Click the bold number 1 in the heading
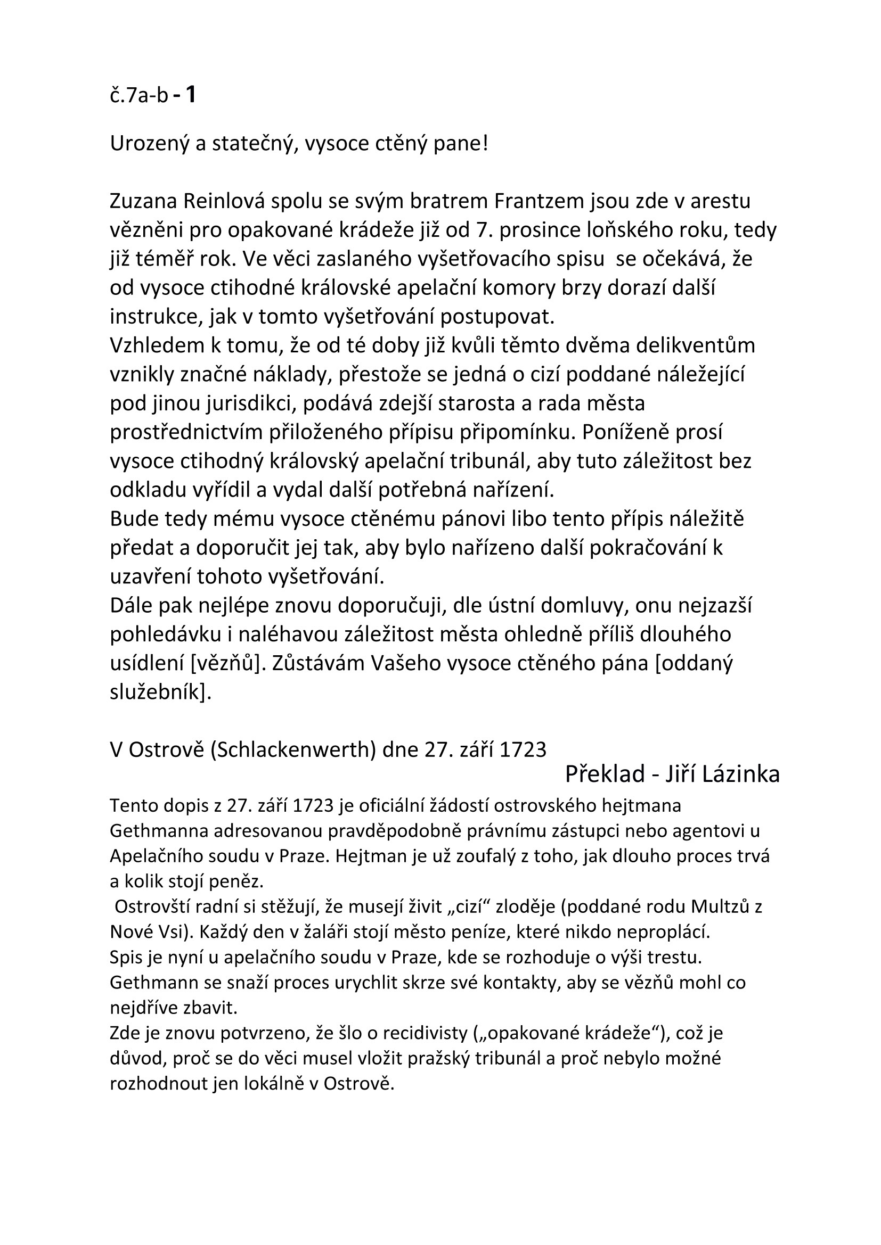190,95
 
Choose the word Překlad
605,774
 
